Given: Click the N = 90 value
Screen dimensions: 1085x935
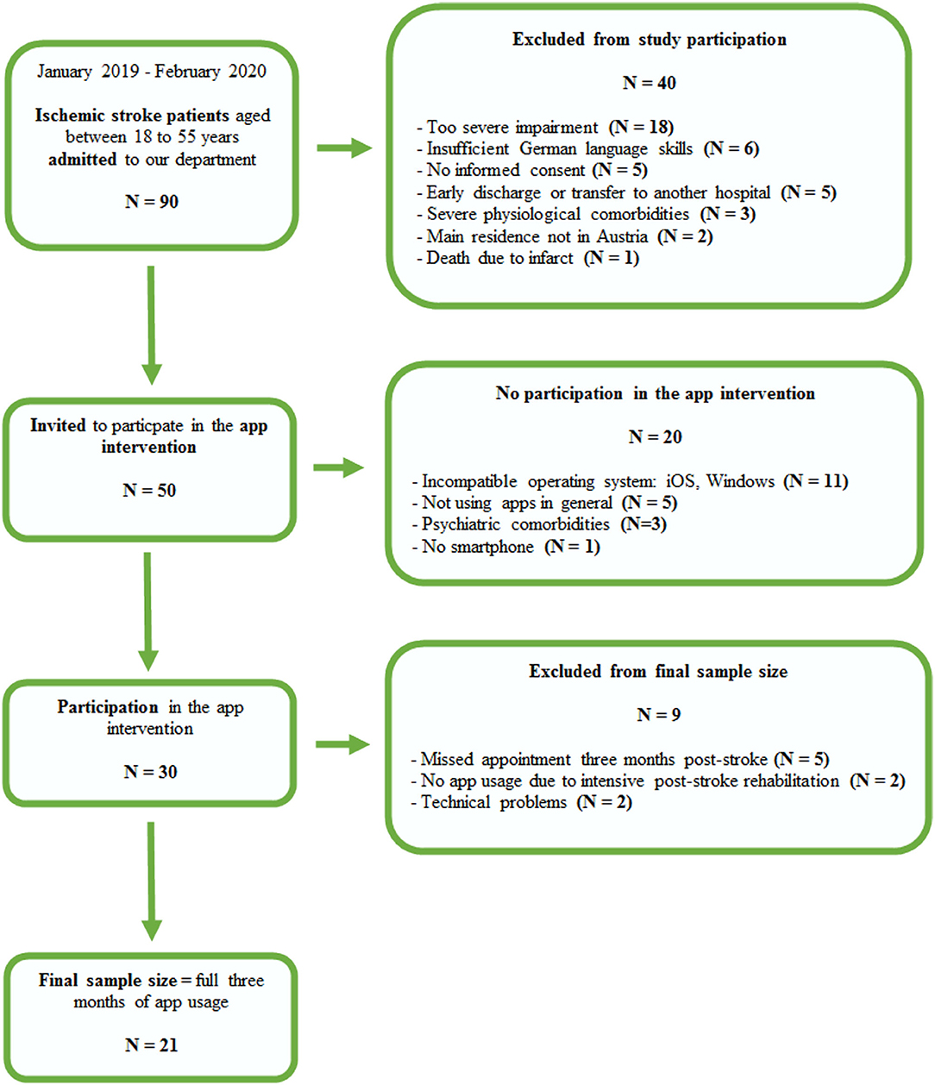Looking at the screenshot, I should click(x=151, y=202).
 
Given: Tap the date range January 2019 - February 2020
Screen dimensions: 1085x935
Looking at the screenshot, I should click(x=151, y=72).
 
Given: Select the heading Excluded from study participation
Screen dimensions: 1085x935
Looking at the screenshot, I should click(x=649, y=40).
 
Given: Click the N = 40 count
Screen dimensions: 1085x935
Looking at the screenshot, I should click(x=649, y=84).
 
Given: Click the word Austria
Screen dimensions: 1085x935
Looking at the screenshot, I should click(x=622, y=236).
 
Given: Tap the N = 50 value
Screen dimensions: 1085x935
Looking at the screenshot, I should click(x=149, y=491).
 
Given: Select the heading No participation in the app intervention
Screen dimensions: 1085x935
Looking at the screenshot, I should click(x=655, y=394).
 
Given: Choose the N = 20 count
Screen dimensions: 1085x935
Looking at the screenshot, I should click(x=655, y=437).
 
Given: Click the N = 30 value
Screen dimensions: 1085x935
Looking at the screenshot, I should click(x=150, y=772).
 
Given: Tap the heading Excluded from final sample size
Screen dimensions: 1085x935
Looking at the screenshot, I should click(x=658, y=672).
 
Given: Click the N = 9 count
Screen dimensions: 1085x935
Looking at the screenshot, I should click(x=658, y=715).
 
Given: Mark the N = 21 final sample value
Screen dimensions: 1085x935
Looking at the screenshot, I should click(x=151, y=1045).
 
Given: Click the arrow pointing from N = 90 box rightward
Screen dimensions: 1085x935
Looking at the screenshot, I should click(x=343, y=148).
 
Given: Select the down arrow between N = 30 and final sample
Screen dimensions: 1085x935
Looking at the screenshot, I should click(x=151, y=880).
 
